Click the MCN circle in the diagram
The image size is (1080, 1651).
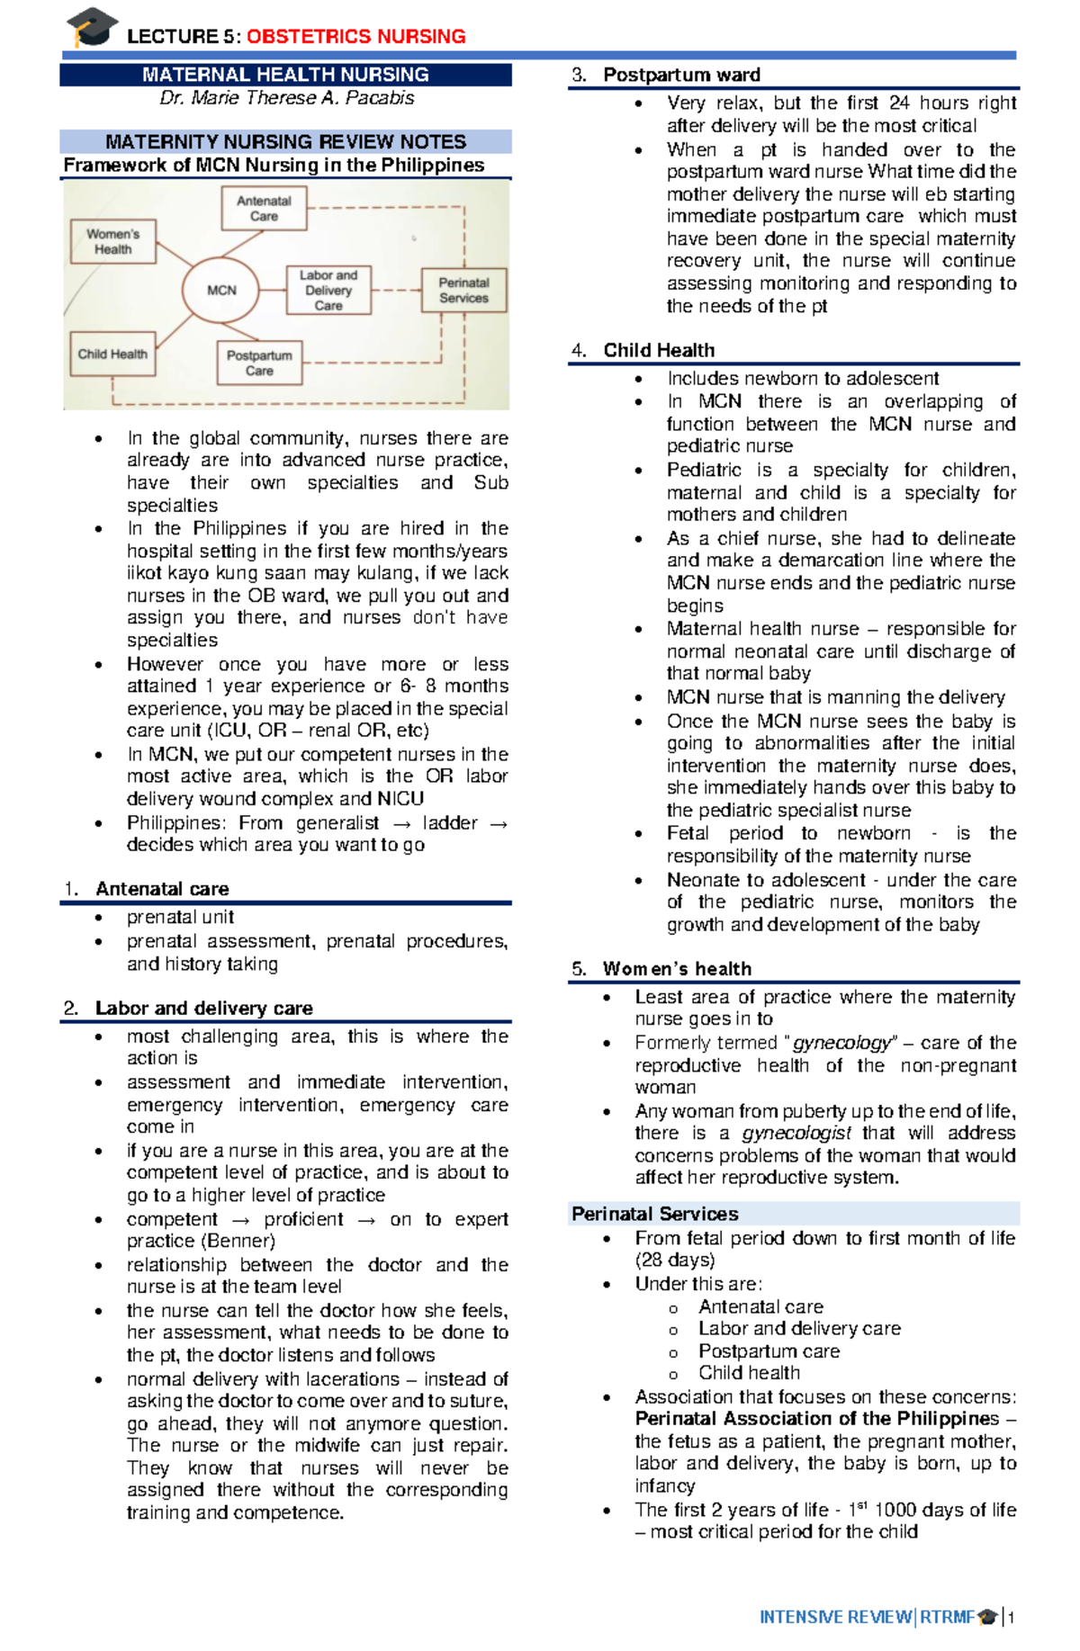(x=221, y=291)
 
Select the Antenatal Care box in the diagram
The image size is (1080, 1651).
(x=264, y=209)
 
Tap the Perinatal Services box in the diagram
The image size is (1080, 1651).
(x=463, y=290)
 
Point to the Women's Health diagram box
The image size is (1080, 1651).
(x=113, y=241)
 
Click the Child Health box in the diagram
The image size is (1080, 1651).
(x=112, y=354)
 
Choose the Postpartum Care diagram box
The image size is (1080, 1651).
(x=259, y=363)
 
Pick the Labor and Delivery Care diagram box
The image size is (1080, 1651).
(x=328, y=290)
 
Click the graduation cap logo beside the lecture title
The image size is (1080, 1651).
(x=93, y=27)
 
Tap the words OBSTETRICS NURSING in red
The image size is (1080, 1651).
(x=355, y=37)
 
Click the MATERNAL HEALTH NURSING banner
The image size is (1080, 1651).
(x=285, y=75)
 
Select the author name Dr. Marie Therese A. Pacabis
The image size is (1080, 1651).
(x=286, y=98)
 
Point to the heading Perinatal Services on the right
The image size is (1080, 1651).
(x=654, y=1214)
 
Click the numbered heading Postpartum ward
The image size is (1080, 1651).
(x=681, y=75)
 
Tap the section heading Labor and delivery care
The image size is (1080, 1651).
(x=203, y=1008)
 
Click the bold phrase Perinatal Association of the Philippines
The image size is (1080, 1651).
(x=816, y=1419)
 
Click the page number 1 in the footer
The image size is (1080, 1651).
(x=1012, y=1617)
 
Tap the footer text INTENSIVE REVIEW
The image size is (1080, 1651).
(x=834, y=1617)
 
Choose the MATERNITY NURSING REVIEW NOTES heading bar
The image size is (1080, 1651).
(x=285, y=141)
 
